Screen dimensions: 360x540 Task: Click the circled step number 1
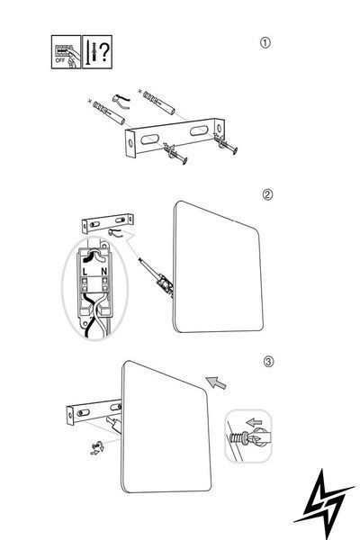(265, 42)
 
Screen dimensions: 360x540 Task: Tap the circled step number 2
(267, 194)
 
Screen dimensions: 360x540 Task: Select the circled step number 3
(269, 362)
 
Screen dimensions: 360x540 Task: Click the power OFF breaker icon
(66, 52)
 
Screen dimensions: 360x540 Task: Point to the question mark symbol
(104, 52)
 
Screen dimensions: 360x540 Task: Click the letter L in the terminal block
(85, 272)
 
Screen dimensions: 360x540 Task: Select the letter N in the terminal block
(104, 272)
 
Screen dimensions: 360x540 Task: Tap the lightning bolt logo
(323, 503)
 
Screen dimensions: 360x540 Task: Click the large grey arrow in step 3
(216, 382)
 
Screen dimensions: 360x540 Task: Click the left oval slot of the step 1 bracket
(149, 139)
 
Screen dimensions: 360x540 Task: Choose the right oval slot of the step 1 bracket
(199, 130)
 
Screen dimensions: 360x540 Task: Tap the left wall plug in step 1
(108, 112)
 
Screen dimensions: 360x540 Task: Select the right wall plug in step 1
(158, 102)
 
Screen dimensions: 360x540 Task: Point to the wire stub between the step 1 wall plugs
(121, 101)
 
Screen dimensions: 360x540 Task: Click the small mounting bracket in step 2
(108, 223)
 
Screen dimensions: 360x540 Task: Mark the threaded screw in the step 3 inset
(238, 438)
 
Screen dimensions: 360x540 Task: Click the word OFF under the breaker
(60, 60)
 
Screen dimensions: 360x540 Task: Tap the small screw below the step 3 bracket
(97, 448)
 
